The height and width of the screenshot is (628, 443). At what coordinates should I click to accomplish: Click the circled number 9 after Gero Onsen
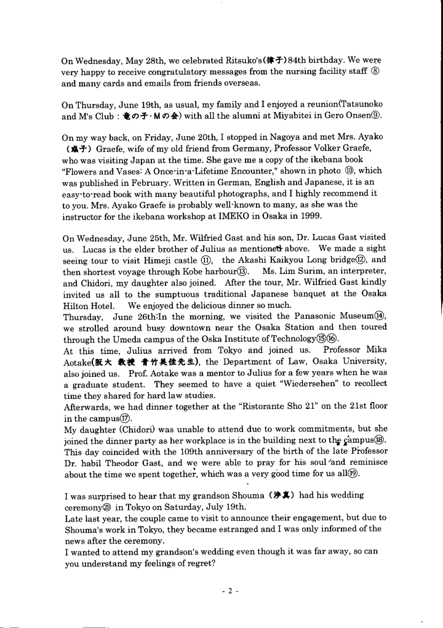click(376, 116)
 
